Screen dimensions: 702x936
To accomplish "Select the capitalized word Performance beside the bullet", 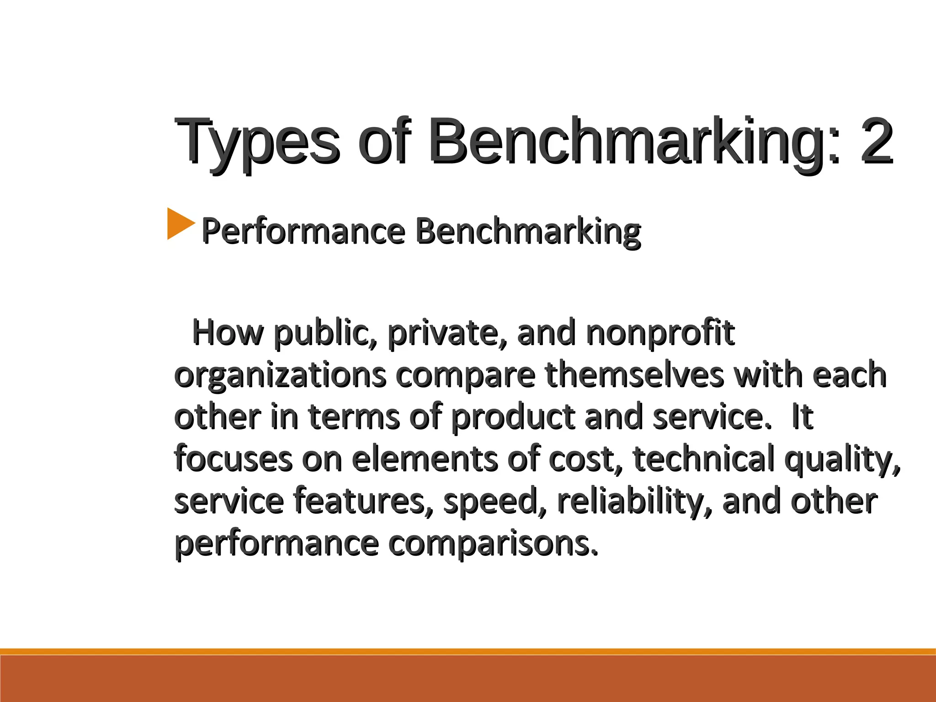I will click(x=303, y=231).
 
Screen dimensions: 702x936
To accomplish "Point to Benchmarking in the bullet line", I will click(x=528, y=231).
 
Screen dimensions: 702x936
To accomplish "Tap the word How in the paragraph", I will click(x=228, y=333).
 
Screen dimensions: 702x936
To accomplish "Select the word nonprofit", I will click(x=660, y=334).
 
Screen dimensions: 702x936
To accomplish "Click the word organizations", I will click(x=280, y=376).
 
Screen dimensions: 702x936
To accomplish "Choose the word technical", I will click(x=703, y=459).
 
